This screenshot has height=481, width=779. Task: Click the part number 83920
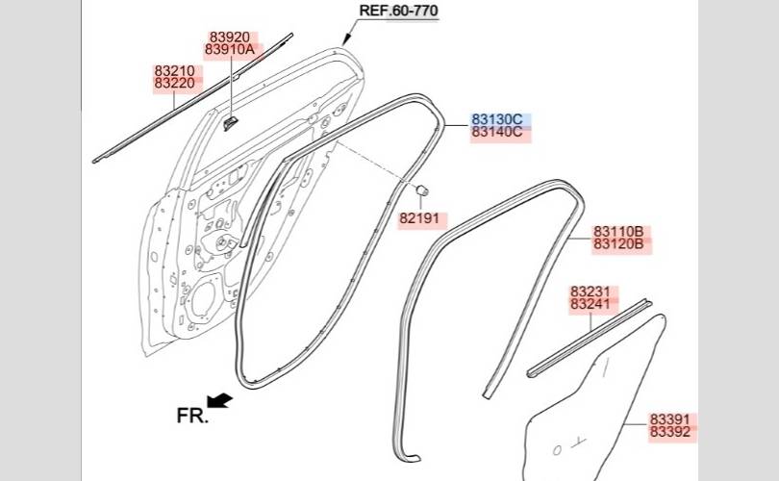(230, 38)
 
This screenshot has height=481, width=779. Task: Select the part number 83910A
(230, 49)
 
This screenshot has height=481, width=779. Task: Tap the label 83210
(174, 70)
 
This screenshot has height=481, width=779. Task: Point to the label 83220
(174, 83)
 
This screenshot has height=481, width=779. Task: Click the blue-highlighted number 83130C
(497, 119)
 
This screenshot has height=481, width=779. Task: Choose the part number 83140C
(497, 132)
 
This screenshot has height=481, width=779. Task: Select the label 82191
(420, 218)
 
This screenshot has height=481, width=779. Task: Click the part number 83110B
(618, 232)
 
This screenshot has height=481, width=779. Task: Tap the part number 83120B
(618, 244)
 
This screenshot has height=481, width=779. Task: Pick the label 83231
(591, 291)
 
